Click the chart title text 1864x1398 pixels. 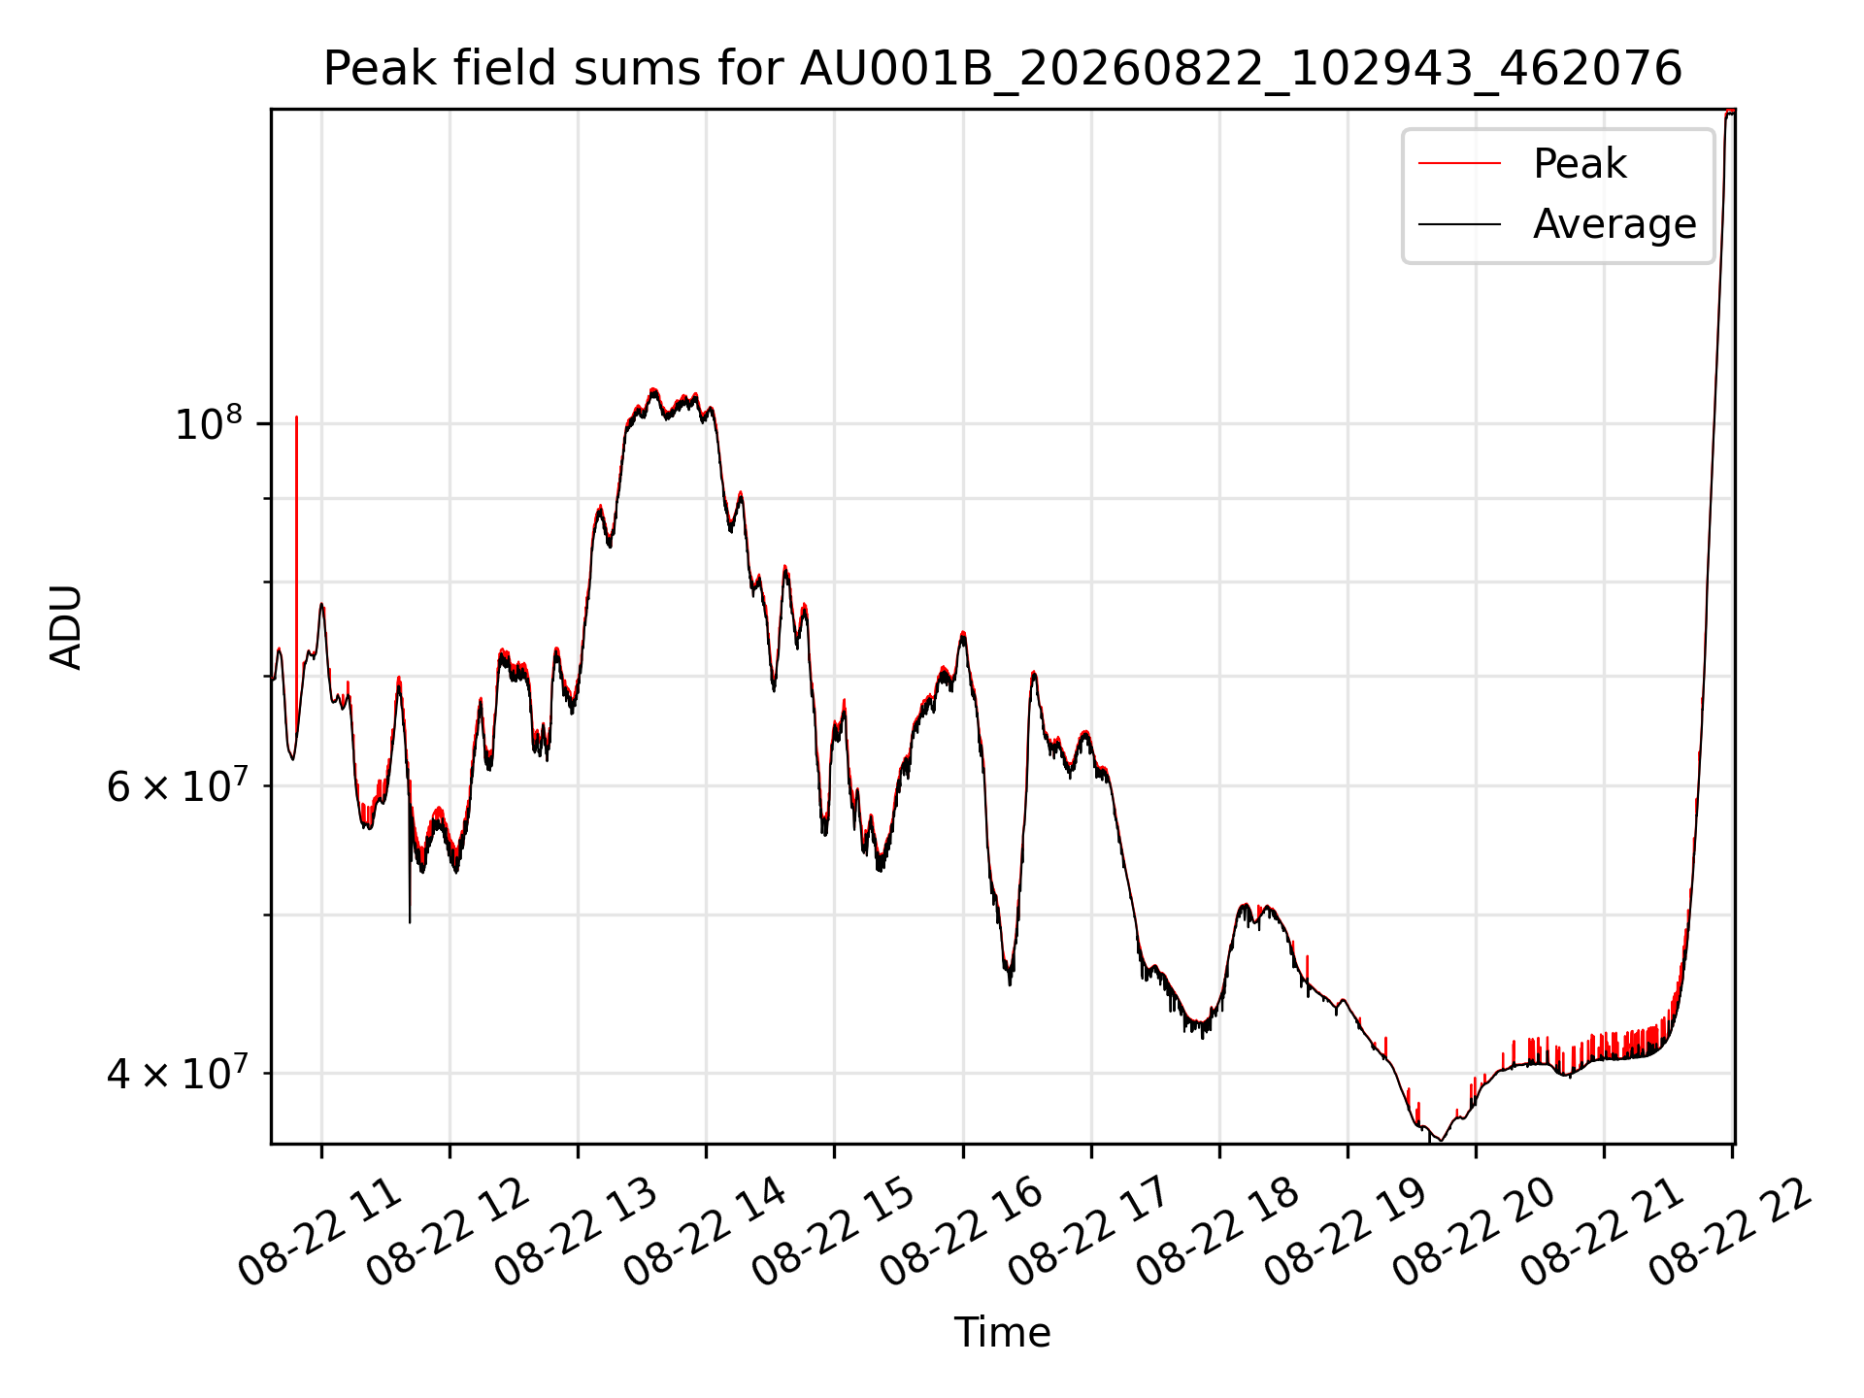(1002, 69)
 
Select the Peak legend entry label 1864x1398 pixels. (1580, 163)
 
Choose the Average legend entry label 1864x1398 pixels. (1614, 224)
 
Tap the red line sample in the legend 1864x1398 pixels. (1459, 163)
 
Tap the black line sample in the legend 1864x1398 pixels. (1459, 224)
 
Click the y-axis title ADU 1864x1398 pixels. (66, 626)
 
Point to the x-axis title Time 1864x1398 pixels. (1002, 1332)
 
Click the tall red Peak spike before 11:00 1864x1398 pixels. (296, 582)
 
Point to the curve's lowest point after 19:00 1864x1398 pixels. (1442, 1141)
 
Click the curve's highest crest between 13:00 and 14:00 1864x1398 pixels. (653, 389)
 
